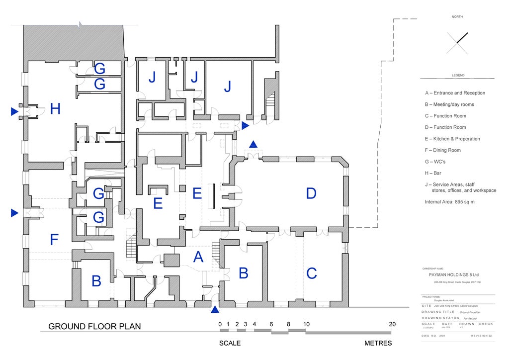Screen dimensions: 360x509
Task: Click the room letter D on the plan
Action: coord(311,193)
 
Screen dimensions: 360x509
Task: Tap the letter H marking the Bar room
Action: coord(55,109)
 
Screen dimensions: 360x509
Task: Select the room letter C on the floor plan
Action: coord(312,273)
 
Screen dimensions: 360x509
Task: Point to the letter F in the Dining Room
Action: coord(55,240)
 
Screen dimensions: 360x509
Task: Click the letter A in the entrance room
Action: coord(198,257)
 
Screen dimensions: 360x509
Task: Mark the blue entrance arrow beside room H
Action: coord(14,112)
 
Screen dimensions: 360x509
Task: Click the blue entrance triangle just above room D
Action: coord(253,144)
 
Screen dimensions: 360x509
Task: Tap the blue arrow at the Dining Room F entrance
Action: coord(14,213)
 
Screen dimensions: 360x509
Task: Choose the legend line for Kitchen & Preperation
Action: coord(452,139)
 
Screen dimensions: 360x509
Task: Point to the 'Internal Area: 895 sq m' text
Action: coord(450,202)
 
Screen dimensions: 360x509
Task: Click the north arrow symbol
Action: coord(457,43)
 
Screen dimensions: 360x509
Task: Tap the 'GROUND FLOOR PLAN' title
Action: coord(94,327)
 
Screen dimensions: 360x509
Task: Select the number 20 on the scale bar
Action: coord(392,324)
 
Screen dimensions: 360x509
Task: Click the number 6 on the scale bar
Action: coord(271,324)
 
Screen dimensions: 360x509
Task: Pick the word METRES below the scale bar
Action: coord(378,343)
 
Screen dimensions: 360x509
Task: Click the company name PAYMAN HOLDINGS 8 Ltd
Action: coord(453,274)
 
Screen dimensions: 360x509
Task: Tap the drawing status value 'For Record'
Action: coord(470,318)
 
